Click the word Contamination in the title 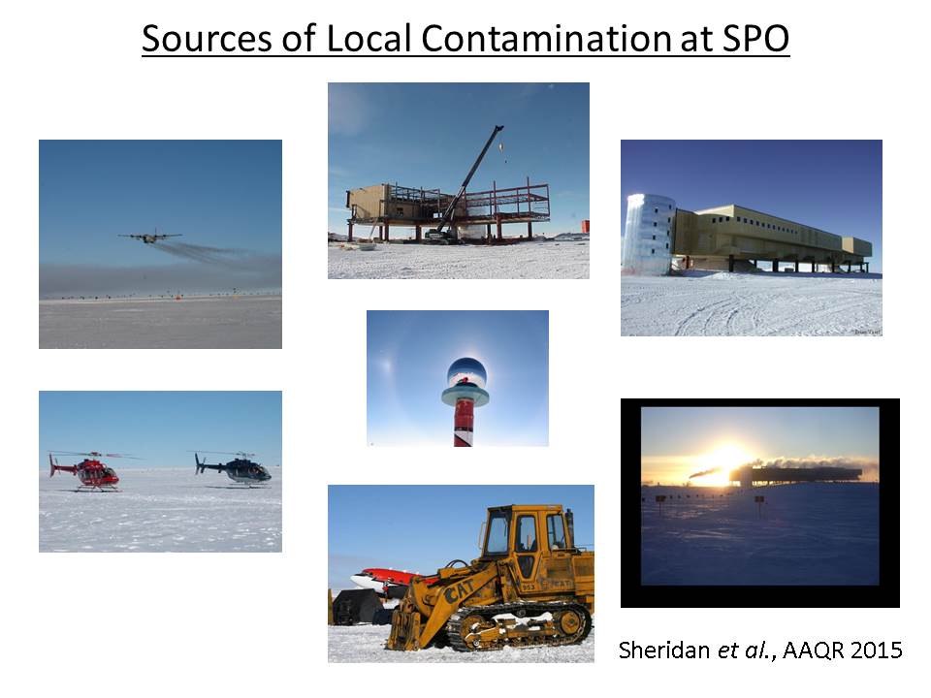click(x=546, y=38)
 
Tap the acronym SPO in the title click(x=755, y=38)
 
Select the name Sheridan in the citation click(x=664, y=650)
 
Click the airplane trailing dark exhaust click(x=149, y=237)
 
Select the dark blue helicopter click(x=233, y=468)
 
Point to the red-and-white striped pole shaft click(x=464, y=426)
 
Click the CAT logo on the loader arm click(x=459, y=589)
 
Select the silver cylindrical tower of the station click(x=649, y=234)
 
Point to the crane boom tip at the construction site click(x=499, y=128)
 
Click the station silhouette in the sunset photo click(x=795, y=475)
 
